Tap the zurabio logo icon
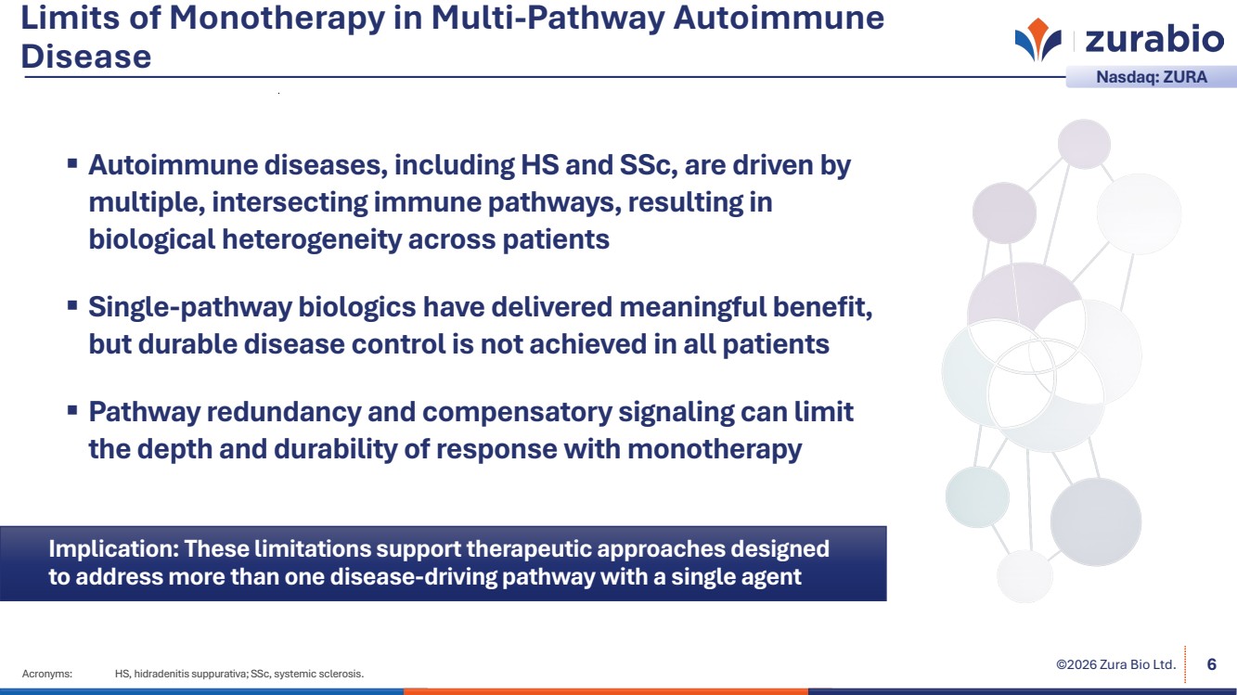1038,39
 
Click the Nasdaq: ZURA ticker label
1152,77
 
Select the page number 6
1212,664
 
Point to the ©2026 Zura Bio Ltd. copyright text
1116,664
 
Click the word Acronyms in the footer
47,674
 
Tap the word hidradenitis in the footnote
161,674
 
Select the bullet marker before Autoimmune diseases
72,163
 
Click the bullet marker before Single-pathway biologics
72,305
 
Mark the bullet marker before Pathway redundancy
72,410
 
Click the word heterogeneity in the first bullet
312,240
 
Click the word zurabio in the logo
1154,39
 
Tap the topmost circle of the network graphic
1084,144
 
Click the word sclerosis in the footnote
341,674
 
